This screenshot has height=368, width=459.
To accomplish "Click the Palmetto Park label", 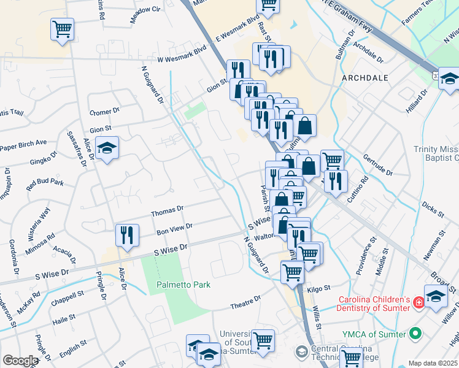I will click(x=183, y=285).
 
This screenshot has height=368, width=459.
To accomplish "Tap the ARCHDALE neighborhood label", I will click(x=365, y=79).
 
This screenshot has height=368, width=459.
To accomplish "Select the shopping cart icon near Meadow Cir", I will click(x=63, y=29).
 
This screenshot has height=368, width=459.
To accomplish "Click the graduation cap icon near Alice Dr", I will click(x=107, y=149).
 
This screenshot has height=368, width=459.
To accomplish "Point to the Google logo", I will click(x=20, y=361).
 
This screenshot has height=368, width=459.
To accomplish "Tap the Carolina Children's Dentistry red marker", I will click(x=418, y=303).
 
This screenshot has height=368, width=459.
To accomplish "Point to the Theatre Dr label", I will click(x=245, y=301).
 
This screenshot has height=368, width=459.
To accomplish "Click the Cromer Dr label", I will click(x=104, y=112).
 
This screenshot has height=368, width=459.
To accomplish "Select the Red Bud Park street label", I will click(x=45, y=183).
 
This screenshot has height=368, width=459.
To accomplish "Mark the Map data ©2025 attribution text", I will click(x=433, y=363).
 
